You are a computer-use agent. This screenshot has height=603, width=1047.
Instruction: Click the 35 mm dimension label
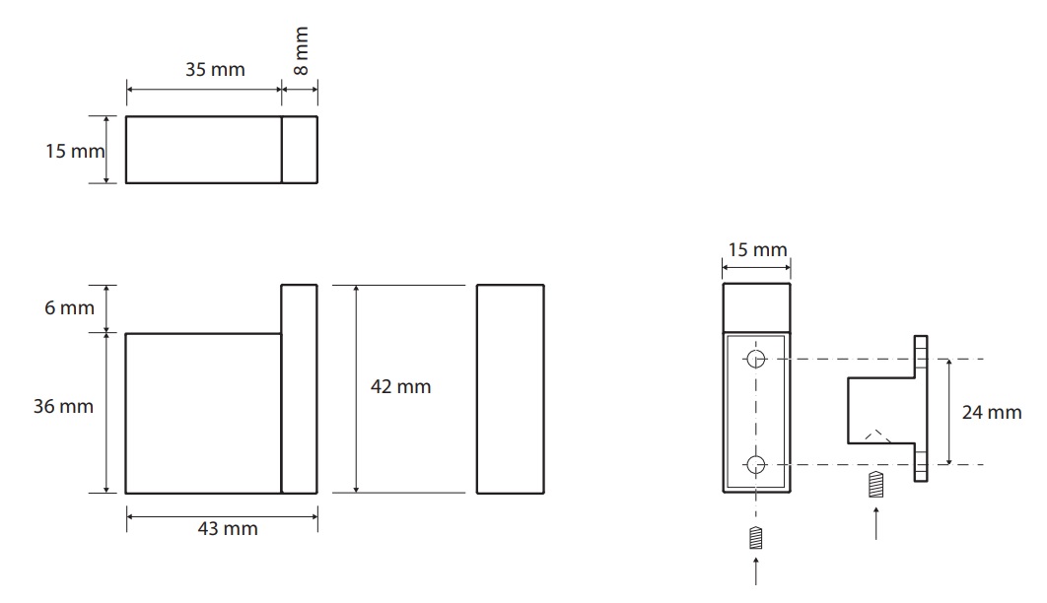[x=215, y=69]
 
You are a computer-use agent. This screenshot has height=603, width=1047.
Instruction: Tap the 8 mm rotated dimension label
[x=301, y=50]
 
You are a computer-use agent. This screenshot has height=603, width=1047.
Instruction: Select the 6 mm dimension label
[x=69, y=308]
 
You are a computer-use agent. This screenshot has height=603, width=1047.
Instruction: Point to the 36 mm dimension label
[x=63, y=406]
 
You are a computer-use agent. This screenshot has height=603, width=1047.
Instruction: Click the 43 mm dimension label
[x=228, y=529]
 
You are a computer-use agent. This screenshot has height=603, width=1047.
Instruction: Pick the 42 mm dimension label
[x=400, y=387]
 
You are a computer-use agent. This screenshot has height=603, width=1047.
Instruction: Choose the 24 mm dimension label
[x=992, y=413]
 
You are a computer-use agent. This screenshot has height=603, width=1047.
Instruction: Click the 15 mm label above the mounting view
[x=757, y=250]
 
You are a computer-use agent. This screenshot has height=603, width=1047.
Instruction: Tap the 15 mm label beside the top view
[x=75, y=152]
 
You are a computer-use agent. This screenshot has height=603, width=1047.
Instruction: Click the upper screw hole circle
[x=756, y=359]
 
